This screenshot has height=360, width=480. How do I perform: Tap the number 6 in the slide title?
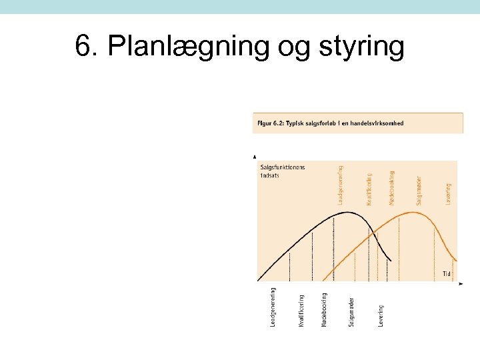pos(83,47)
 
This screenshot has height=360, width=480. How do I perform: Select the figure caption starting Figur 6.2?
pos(329,123)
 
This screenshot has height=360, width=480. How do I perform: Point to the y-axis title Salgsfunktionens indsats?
pos(282,171)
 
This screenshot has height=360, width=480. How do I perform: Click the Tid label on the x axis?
pos(447,273)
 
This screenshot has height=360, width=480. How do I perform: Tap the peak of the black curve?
pos(347,213)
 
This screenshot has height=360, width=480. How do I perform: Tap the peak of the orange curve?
pos(413,213)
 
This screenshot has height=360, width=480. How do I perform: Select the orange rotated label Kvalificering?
pos(369,189)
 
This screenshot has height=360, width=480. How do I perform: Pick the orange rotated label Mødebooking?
pos(392,187)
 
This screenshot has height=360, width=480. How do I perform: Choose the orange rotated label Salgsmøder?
pos(419,189)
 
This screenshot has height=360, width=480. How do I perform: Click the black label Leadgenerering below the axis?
pos(273,307)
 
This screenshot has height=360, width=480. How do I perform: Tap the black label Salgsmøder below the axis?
pos(351,311)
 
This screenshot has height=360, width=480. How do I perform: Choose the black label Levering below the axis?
pos(381,315)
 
